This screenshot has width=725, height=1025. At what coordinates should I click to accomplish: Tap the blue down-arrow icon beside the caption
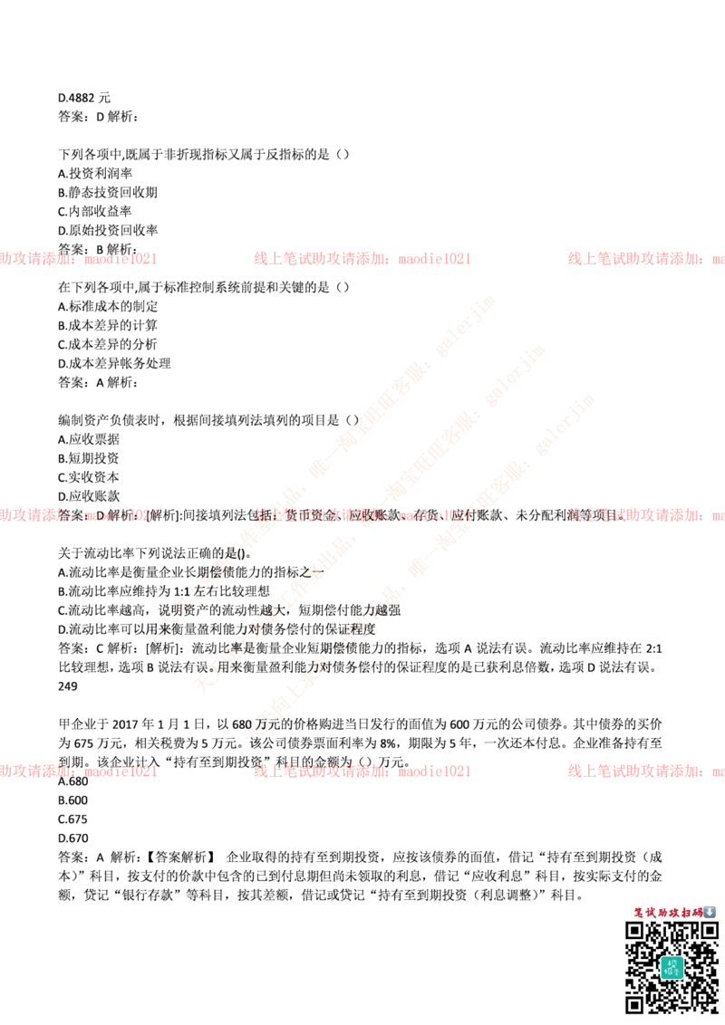point(710,912)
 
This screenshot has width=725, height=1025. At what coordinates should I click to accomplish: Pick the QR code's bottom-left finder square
point(635,1002)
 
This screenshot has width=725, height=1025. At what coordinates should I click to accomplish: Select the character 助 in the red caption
point(662,912)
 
